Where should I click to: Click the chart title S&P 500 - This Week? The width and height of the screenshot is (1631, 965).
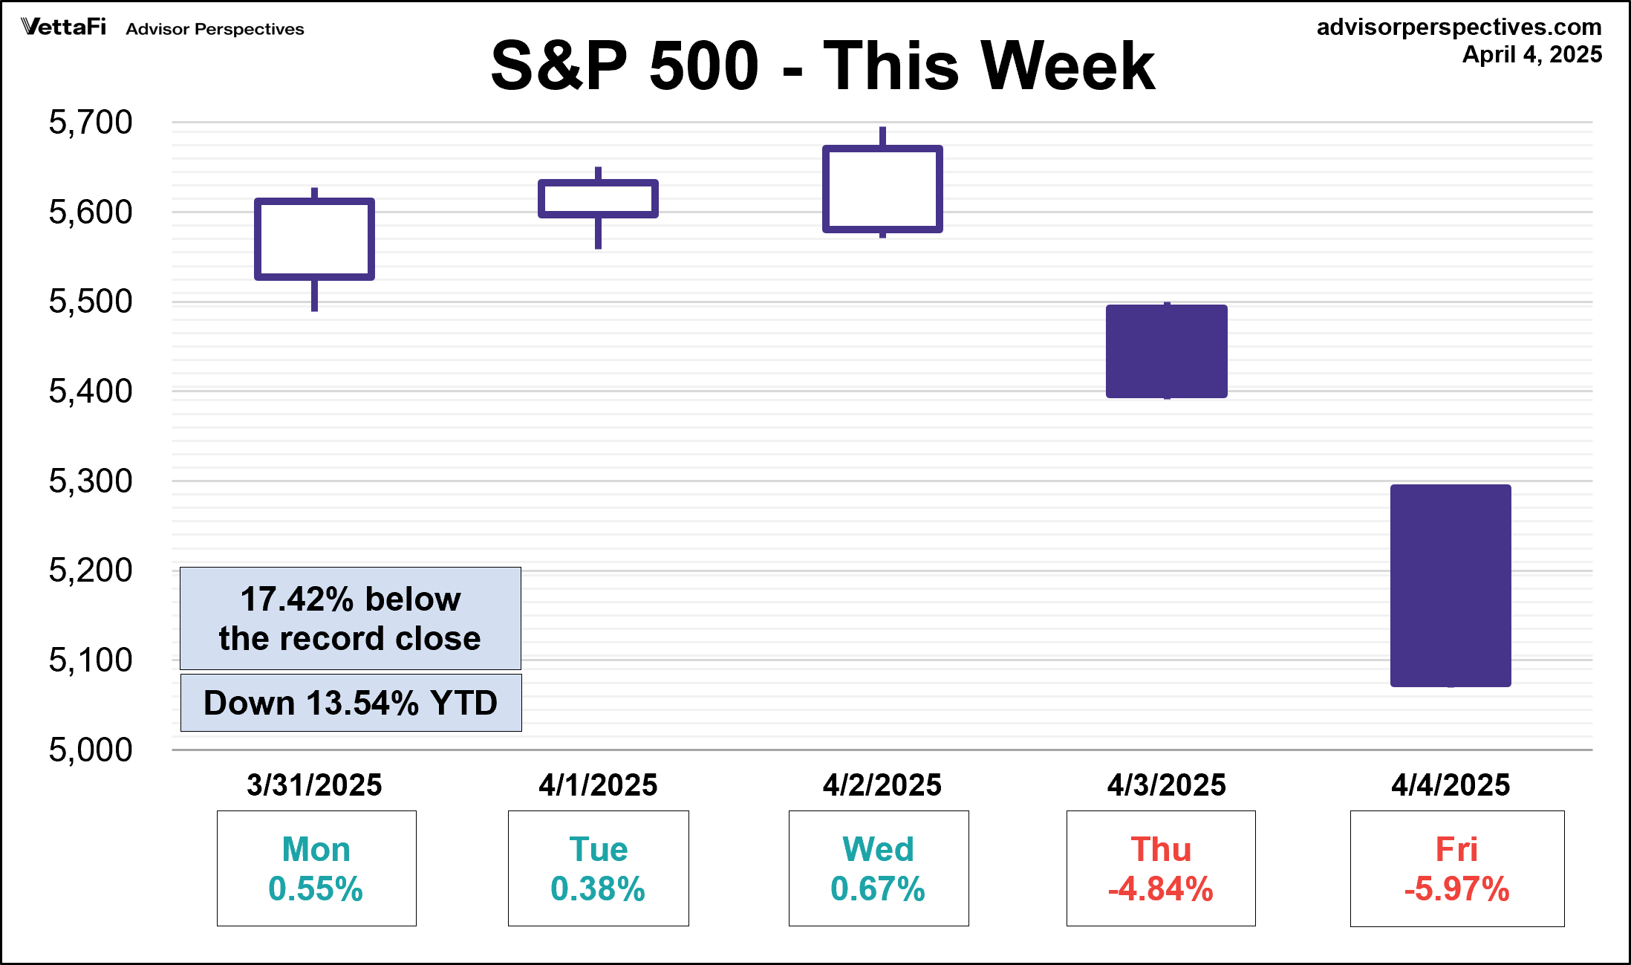pyautogui.click(x=822, y=65)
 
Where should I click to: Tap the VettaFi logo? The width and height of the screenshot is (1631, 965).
pyautogui.click(x=64, y=27)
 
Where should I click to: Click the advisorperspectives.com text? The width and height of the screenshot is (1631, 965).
pyautogui.click(x=1459, y=27)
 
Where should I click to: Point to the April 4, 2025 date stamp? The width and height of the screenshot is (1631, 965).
pyautogui.click(x=1531, y=54)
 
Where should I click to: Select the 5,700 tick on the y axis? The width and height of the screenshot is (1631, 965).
pyautogui.click(x=90, y=122)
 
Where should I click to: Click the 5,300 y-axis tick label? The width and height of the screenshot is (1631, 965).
pyautogui.click(x=90, y=481)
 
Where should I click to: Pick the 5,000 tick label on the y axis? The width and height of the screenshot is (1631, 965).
pyautogui.click(x=90, y=750)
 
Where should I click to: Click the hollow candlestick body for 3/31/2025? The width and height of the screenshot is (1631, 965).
pyautogui.click(x=314, y=239)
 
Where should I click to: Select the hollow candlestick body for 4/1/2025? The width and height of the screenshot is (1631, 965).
pyautogui.click(x=598, y=198)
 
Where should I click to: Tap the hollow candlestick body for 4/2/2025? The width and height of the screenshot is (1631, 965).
pyautogui.click(x=882, y=189)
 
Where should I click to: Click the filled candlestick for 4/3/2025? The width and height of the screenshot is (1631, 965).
pyautogui.click(x=1166, y=351)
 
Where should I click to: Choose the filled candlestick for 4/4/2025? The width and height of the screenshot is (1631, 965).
pyautogui.click(x=1451, y=585)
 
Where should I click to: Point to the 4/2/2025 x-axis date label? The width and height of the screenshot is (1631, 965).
pyautogui.click(x=882, y=785)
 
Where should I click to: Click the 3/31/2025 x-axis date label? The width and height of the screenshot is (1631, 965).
pyautogui.click(x=314, y=785)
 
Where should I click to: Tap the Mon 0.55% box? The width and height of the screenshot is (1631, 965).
pyautogui.click(x=316, y=868)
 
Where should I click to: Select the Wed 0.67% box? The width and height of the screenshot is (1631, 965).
pyautogui.click(x=878, y=868)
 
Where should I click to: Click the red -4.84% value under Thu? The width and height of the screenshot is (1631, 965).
pyautogui.click(x=1160, y=889)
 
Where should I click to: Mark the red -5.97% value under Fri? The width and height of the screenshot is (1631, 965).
pyautogui.click(x=1456, y=889)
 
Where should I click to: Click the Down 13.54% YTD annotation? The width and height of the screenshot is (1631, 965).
pyautogui.click(x=351, y=703)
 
